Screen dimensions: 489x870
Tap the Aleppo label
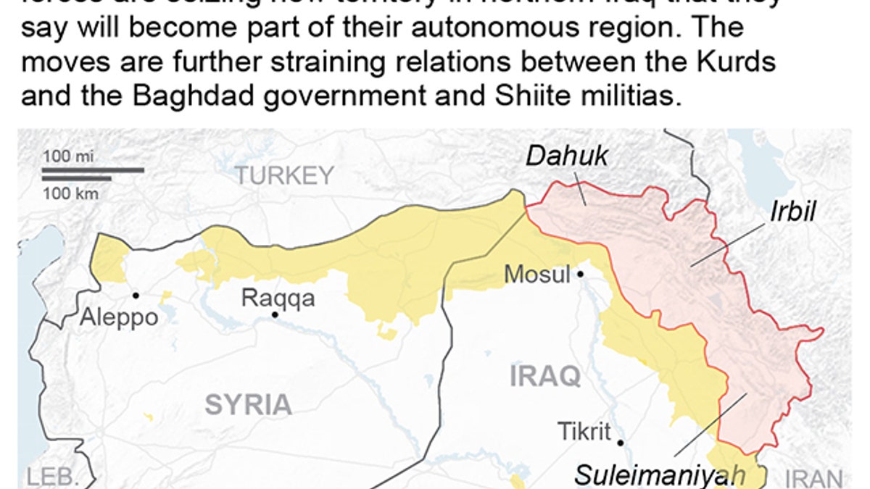119,317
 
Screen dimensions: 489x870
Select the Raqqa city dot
275,314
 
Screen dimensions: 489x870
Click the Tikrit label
584,431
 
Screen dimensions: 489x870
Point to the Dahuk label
567,155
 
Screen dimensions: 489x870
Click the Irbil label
794,212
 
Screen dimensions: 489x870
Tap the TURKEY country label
284,175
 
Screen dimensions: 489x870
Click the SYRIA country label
248,404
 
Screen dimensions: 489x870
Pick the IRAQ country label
544,376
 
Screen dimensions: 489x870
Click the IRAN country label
816,478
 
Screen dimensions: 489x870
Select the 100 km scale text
70,193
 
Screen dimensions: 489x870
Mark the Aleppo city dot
136,295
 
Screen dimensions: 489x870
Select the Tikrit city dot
621,441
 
